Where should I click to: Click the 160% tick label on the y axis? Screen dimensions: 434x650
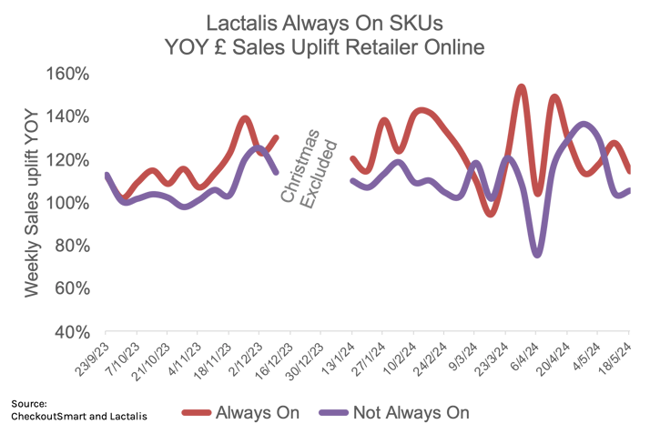pyautogui.click(x=70, y=74)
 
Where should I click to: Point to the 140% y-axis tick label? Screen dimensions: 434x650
pyautogui.click(x=70, y=116)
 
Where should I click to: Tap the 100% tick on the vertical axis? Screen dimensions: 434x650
pyautogui.click(x=70, y=202)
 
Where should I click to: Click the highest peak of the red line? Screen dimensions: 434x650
pyautogui.click(x=521, y=86)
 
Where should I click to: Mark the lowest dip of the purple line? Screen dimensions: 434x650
pyautogui.click(x=537, y=256)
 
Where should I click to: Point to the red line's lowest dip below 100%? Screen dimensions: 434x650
pyautogui.click(x=491, y=216)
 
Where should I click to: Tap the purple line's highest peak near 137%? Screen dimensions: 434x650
pyautogui.click(x=584, y=123)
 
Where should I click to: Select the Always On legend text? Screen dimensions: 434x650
pyautogui.click(x=258, y=414)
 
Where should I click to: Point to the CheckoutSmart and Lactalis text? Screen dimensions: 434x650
pyautogui.click(x=79, y=416)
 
